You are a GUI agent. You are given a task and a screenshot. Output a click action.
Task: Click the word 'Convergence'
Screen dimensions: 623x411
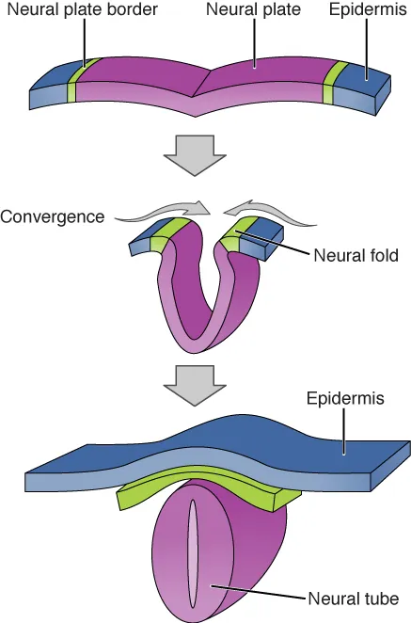tap(52, 216)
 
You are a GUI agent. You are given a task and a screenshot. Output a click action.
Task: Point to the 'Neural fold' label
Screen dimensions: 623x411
tap(357, 255)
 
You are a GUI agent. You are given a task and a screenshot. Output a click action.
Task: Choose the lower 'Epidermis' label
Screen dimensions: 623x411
tap(345, 398)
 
